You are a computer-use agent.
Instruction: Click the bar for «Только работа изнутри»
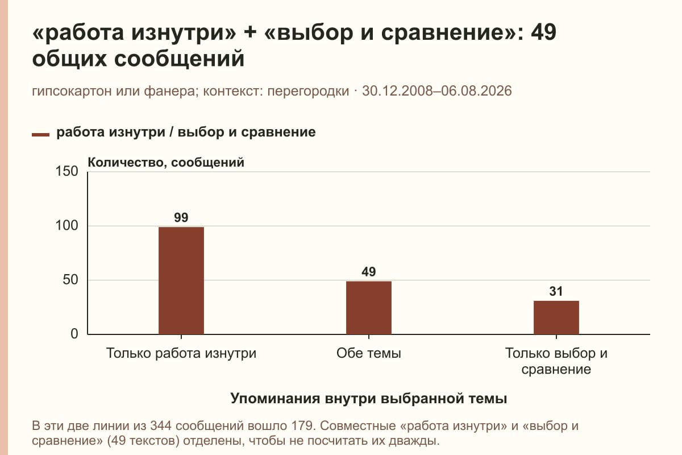(181, 280)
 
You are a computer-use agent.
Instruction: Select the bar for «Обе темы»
(369, 308)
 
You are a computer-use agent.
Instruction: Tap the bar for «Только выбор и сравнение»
(556, 317)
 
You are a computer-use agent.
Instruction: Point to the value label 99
(181, 217)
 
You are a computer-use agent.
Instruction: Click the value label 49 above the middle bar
(369, 271)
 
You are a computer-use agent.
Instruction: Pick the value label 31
(556, 291)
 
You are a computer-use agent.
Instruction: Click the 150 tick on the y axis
(66, 171)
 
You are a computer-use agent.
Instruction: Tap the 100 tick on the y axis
(66, 226)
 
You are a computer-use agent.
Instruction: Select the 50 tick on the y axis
(70, 280)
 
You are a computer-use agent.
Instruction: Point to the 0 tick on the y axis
(74, 334)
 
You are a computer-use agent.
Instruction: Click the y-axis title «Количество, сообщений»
(166, 163)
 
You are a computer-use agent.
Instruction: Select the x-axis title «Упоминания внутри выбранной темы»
(369, 398)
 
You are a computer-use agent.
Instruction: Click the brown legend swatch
(40, 135)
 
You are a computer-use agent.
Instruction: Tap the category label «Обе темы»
(369, 353)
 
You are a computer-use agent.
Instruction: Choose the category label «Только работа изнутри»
(181, 354)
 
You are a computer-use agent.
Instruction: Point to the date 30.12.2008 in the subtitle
(397, 91)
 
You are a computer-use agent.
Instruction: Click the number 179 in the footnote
(302, 426)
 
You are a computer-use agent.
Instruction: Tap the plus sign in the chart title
(250, 32)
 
